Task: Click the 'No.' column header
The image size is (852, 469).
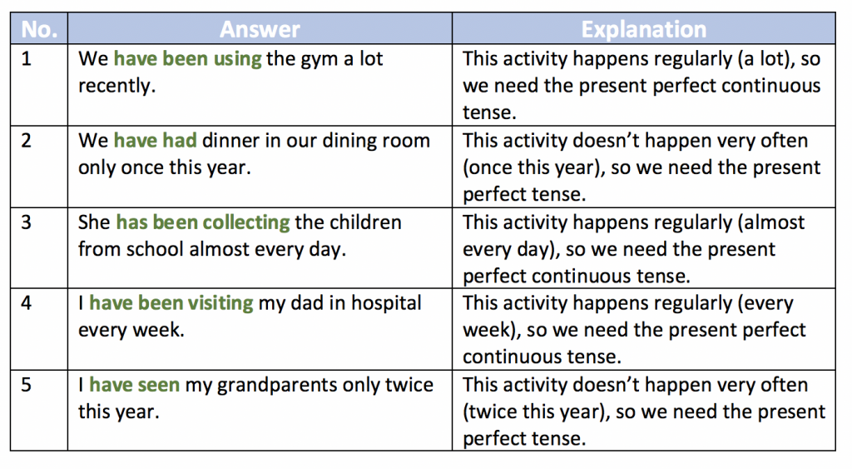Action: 39,29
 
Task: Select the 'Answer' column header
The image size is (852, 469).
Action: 260,29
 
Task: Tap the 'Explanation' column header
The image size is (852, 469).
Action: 644,29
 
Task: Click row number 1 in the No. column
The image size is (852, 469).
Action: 26,59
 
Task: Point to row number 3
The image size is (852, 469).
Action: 26,222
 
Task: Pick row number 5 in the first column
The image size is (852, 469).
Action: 26,385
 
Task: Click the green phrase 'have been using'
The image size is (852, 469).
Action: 187,59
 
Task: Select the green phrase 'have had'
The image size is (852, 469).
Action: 155,141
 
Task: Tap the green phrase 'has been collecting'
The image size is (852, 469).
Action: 203,222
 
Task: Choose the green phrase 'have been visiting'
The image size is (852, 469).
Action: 171,303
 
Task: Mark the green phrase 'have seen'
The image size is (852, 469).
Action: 134,385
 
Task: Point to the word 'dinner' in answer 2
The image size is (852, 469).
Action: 231,141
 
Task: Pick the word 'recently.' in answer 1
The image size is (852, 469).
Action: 116,86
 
